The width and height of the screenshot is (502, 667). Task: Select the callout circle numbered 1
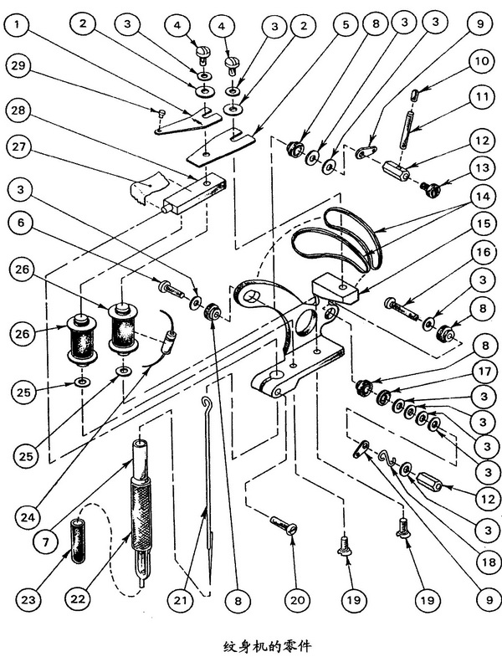(18, 24)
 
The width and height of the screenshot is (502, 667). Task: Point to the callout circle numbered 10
(482, 61)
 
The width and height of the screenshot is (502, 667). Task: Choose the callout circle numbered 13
(482, 167)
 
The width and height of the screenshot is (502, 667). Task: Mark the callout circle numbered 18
(489, 562)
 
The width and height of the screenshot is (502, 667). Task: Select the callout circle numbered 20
(297, 600)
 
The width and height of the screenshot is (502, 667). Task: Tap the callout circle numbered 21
(180, 600)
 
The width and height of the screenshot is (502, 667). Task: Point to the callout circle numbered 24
(32, 517)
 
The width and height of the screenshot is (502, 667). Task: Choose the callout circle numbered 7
(46, 542)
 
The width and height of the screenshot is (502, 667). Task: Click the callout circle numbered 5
(346, 24)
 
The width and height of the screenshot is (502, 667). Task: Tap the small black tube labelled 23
(78, 541)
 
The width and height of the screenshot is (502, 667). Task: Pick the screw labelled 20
(283, 524)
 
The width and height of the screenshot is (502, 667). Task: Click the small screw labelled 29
(161, 113)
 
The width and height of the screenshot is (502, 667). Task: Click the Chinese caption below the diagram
(267, 647)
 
